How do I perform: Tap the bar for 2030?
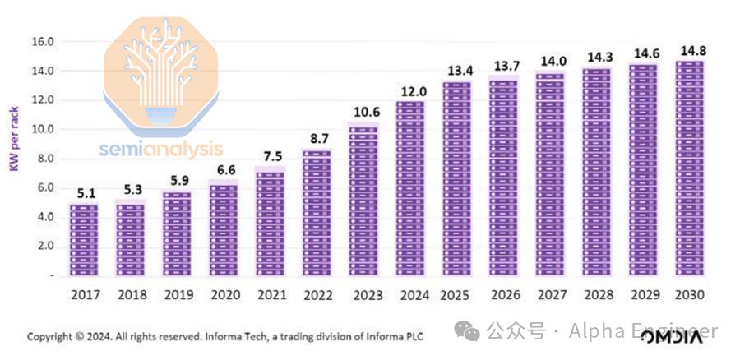click(x=691, y=168)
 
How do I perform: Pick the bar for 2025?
click(x=457, y=178)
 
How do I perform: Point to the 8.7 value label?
click(x=317, y=140)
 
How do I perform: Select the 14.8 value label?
click(x=691, y=51)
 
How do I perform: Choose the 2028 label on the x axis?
click(x=598, y=294)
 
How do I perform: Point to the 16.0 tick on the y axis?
click(x=42, y=42)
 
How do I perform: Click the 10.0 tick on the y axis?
click(x=42, y=130)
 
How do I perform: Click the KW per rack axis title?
click(x=14, y=139)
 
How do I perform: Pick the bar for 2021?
click(x=271, y=222)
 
